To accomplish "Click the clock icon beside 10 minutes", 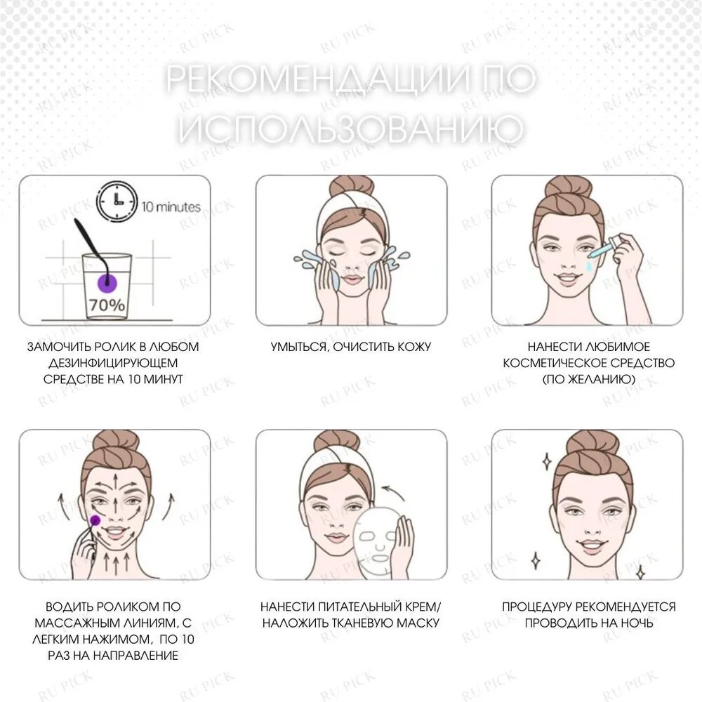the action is pos(117,201).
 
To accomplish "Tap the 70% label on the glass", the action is pos(107,305).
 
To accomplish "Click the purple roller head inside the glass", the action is pos(107,282).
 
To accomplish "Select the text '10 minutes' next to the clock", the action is pos(171,207).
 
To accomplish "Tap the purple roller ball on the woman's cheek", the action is pos(95,519).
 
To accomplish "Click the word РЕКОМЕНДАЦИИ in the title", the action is pos(319,79).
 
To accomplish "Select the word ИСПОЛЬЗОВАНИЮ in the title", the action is pos(351,128).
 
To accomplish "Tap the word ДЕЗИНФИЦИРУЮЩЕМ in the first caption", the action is pos(113,363).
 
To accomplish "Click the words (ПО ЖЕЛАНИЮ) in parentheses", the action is pos(589,380).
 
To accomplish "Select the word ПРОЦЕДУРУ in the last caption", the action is pos(537,607).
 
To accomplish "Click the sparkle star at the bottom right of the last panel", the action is pos(641,571).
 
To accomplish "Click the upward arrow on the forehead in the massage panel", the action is pos(116,483).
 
